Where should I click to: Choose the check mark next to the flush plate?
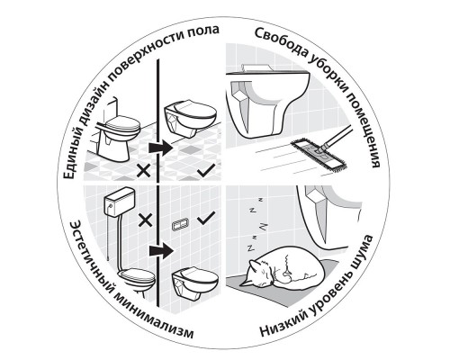click(207, 217)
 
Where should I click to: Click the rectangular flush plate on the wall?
click(179, 219)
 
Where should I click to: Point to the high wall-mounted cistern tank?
click(113, 205)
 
